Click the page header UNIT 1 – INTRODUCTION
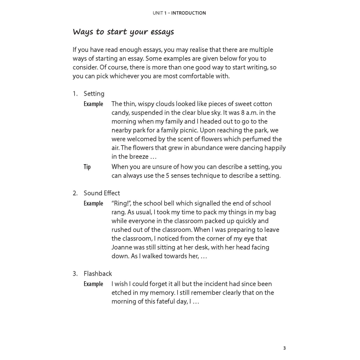(179, 13)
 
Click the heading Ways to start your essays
(123, 32)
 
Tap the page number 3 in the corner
(284, 348)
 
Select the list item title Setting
(94, 94)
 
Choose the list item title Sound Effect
(102, 193)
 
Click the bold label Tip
(87, 167)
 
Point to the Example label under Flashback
(93, 284)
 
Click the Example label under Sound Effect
(93, 203)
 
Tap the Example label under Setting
(93, 104)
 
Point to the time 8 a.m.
(248, 112)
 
